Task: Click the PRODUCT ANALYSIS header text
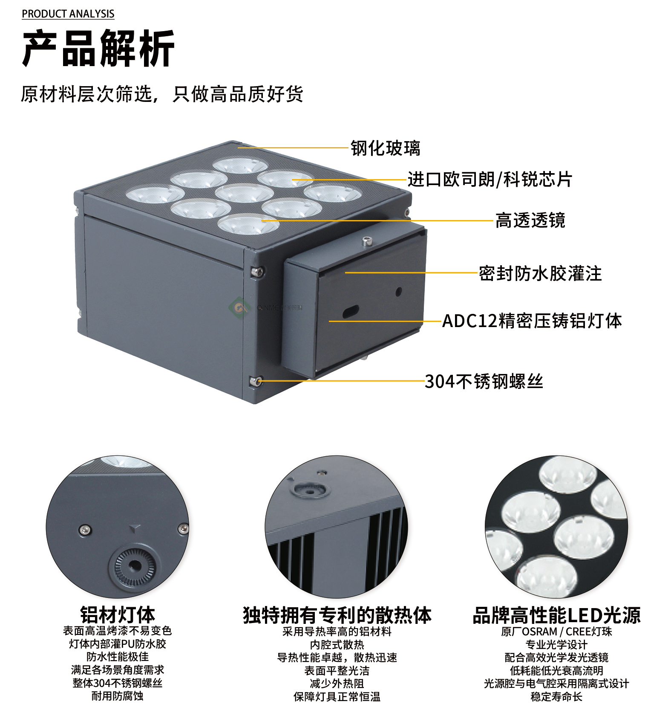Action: (x=68, y=14)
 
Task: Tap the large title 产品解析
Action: (x=98, y=48)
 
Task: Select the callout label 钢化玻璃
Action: (x=386, y=148)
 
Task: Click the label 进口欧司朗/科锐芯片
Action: (x=490, y=179)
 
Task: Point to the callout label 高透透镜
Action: (x=530, y=220)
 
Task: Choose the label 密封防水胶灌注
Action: (x=540, y=273)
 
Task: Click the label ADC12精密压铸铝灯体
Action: (x=532, y=321)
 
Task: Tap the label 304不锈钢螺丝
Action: (x=484, y=381)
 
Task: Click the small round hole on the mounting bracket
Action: (x=399, y=292)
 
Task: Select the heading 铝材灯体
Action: (x=118, y=615)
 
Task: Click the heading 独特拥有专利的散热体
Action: (x=337, y=615)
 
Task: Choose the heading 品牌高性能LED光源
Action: (x=556, y=615)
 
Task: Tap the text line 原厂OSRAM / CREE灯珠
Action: (x=556, y=632)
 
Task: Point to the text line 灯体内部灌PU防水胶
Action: (x=118, y=644)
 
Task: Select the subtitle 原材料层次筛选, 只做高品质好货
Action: (x=162, y=94)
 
